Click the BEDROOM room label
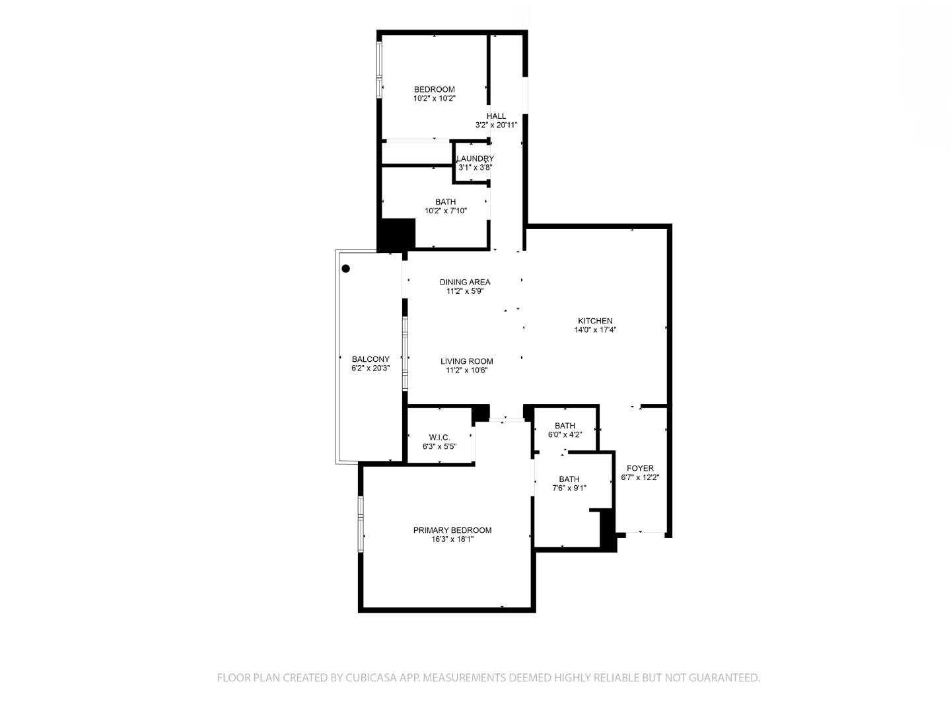pyautogui.click(x=434, y=90)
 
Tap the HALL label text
pyautogui.click(x=496, y=116)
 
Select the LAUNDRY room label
pyautogui.click(x=475, y=158)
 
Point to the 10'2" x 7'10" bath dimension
pyautogui.click(x=446, y=211)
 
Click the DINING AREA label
pyautogui.click(x=465, y=282)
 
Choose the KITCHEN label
pyautogui.click(x=595, y=321)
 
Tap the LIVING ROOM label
pyautogui.click(x=466, y=361)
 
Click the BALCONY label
pyautogui.click(x=370, y=359)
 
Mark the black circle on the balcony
pyautogui.click(x=345, y=269)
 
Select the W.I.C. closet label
pyautogui.click(x=439, y=437)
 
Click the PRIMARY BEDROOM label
pyautogui.click(x=452, y=530)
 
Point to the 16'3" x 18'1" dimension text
pyautogui.click(x=452, y=539)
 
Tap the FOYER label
pyautogui.click(x=640, y=468)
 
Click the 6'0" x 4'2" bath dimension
pyautogui.click(x=565, y=435)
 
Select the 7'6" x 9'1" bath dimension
pyautogui.click(x=569, y=489)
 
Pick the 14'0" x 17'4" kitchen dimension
pyautogui.click(x=595, y=330)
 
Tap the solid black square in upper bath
pyautogui.click(x=396, y=234)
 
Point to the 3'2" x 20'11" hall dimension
pyautogui.click(x=496, y=125)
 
